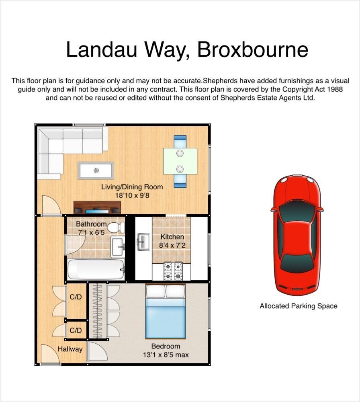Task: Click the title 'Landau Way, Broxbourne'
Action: coord(187,50)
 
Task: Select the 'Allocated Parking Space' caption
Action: coord(298,306)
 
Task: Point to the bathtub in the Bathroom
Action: coord(96,269)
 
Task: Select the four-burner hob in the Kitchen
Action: coord(173,271)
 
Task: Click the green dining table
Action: coord(180,161)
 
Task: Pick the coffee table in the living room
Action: coord(96,170)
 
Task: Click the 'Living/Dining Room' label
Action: coord(132,187)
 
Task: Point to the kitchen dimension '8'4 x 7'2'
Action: coord(172,245)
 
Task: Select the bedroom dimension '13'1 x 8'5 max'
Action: coord(166,355)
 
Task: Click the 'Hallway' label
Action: coord(70,349)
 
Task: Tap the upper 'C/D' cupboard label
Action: coord(76,297)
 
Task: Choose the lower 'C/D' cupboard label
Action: coord(76,330)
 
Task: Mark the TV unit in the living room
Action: coord(97,207)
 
